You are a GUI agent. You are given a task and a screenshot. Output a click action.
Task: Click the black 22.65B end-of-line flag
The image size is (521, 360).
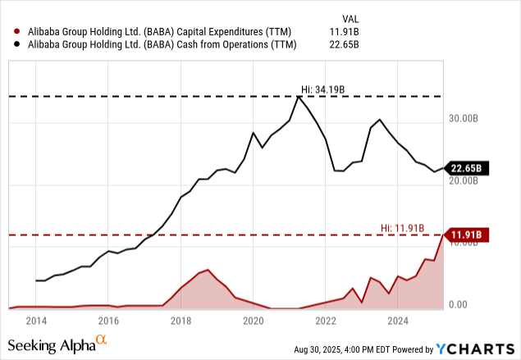tap(468, 169)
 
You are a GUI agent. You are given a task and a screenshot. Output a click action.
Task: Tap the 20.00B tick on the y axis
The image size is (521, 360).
tap(464, 180)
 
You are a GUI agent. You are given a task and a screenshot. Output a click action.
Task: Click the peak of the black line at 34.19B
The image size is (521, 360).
tap(298, 97)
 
